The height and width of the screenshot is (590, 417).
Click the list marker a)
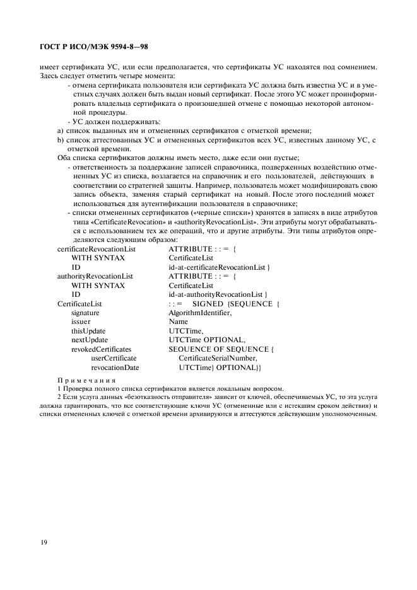[x=61, y=130]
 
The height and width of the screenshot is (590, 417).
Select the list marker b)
[x=61, y=139]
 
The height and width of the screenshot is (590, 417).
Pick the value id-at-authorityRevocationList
[x=218, y=294]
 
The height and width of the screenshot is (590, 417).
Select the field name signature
[x=85, y=313]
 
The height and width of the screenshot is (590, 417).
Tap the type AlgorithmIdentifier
[x=201, y=313]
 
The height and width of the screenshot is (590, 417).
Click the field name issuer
[x=81, y=321]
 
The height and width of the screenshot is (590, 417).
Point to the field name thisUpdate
[x=88, y=330]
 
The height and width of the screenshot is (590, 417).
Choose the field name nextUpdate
[x=89, y=340]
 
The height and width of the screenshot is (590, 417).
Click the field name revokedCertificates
[x=101, y=349]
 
